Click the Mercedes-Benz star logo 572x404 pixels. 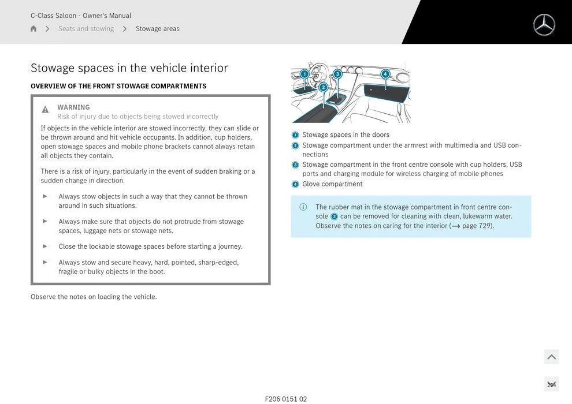click(544, 25)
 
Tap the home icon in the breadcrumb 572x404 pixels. click(34, 29)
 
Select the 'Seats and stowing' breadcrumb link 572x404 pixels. click(86, 29)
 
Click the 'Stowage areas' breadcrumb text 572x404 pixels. click(157, 29)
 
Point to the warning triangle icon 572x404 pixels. click(45, 110)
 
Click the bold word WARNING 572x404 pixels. click(73, 107)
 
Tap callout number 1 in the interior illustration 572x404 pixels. click(304, 74)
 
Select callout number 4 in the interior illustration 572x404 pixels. click(385, 74)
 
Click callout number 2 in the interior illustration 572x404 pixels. click(323, 87)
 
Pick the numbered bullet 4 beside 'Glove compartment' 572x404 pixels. click(295, 184)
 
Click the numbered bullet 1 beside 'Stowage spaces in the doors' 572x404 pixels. click(295, 135)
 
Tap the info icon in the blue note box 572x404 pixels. click(303, 207)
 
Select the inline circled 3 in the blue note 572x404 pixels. click(334, 216)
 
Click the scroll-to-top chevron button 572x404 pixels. click(551, 357)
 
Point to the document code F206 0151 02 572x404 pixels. click(286, 399)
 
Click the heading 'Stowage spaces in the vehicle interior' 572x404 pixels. click(129, 68)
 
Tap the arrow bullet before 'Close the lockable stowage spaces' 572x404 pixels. click(45, 246)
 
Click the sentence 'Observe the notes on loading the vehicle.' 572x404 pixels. click(94, 297)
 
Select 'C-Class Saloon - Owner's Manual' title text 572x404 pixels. click(81, 16)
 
